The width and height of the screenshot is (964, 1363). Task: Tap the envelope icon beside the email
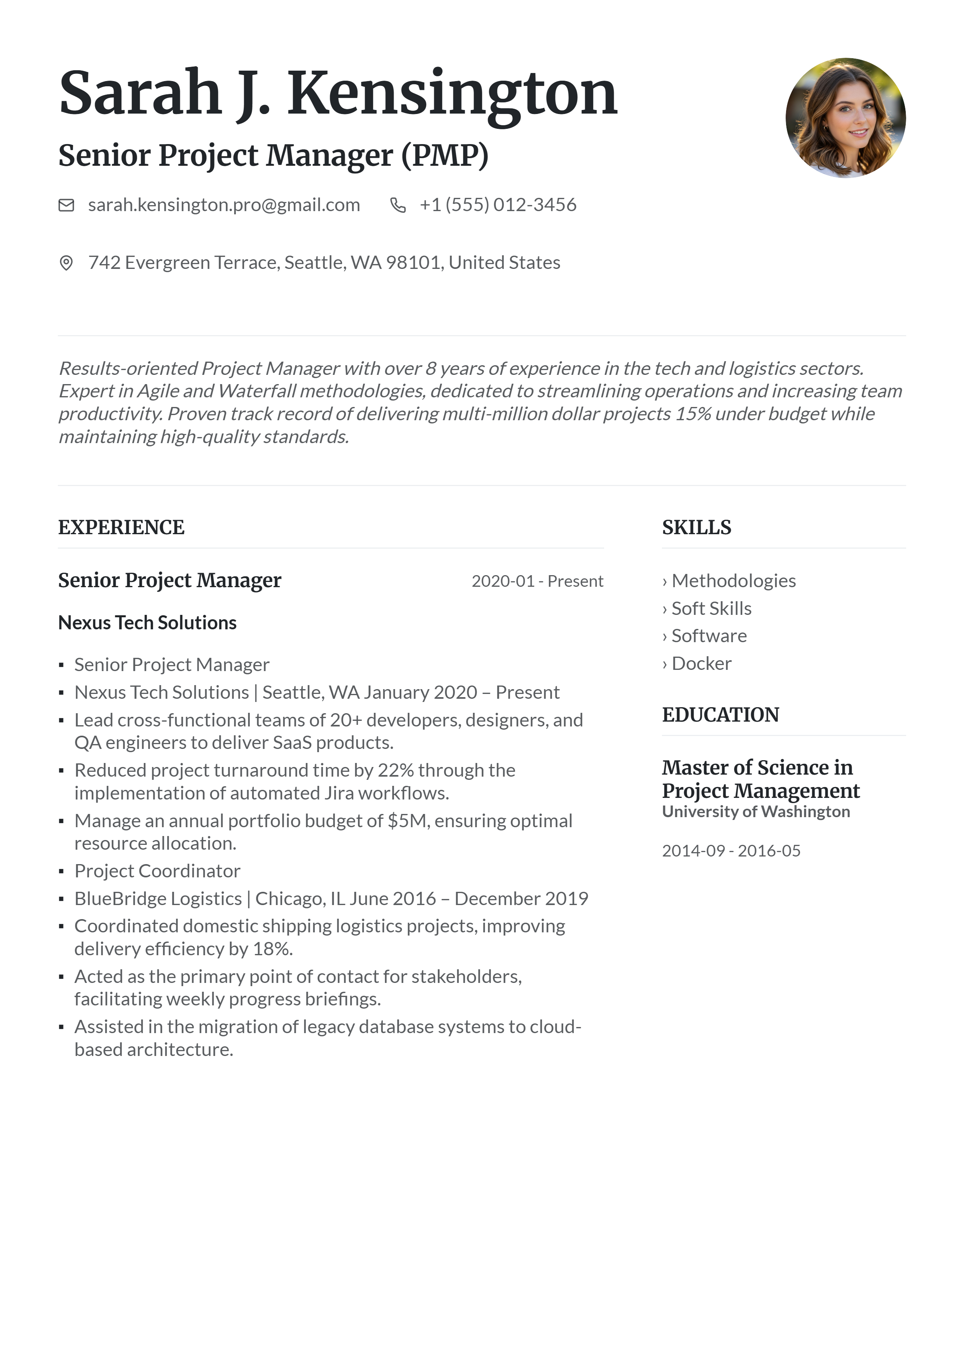[66, 205]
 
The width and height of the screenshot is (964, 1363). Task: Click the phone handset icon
[397, 205]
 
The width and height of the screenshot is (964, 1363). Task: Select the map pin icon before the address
[66, 262]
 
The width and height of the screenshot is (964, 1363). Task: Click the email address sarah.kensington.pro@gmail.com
[224, 205]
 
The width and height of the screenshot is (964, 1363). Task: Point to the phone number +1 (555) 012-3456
[498, 205]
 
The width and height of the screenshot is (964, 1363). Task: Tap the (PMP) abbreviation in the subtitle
[445, 156]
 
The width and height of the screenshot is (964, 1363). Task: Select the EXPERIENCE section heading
[121, 527]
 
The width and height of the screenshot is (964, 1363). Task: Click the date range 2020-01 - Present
[537, 581]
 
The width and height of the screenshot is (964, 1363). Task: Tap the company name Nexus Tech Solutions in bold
[147, 623]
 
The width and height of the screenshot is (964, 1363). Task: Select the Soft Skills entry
[711, 608]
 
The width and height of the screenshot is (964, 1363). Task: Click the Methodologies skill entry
[733, 581]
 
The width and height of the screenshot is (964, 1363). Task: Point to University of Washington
[756, 812]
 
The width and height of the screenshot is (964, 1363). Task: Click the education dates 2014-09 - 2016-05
[731, 851]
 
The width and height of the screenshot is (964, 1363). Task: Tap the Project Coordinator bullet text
[157, 871]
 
